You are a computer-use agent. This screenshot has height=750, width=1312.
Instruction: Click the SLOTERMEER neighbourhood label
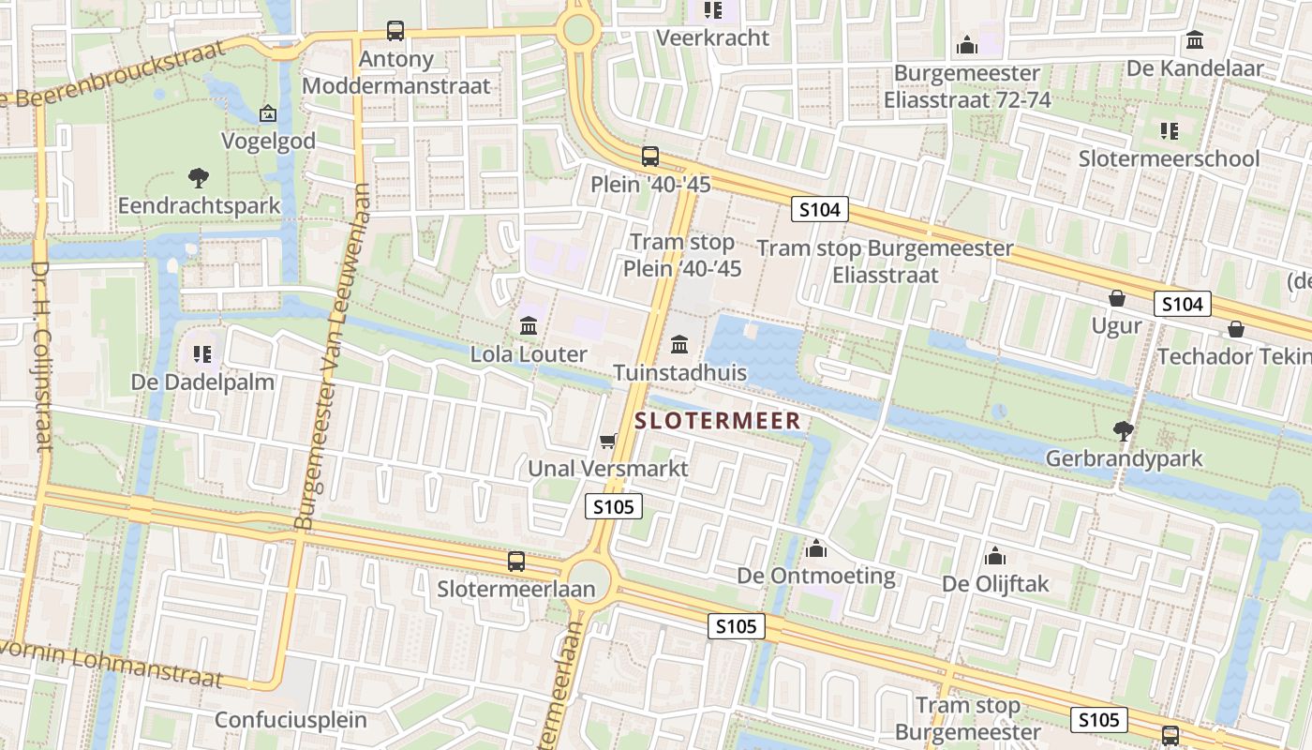point(718,421)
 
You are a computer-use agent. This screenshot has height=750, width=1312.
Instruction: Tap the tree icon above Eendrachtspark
point(198,177)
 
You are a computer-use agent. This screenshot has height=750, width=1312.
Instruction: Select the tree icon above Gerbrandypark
point(1123,431)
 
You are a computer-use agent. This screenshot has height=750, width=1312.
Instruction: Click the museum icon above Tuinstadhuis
point(679,345)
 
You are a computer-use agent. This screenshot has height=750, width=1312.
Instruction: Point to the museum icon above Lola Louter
point(529,326)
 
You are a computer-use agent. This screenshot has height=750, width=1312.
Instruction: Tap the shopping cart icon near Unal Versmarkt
point(608,441)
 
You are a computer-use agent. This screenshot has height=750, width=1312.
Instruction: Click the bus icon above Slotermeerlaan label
point(516,562)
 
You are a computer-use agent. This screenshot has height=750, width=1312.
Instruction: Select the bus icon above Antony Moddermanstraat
point(395,31)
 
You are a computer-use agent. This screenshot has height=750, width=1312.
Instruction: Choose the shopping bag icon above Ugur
point(1117,298)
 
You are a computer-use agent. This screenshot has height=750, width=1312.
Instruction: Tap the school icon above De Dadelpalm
point(202,353)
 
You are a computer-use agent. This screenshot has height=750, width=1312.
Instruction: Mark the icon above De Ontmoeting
point(816,547)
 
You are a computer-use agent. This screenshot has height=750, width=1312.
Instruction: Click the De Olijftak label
point(995,584)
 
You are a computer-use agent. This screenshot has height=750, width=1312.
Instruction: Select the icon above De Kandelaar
point(1195,40)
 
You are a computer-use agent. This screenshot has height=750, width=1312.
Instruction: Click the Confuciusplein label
point(291,720)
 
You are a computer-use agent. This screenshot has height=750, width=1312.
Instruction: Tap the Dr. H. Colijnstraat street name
point(41,356)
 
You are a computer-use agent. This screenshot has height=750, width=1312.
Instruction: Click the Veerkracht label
point(712,37)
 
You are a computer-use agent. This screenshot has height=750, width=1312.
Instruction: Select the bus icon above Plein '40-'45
point(649,157)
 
